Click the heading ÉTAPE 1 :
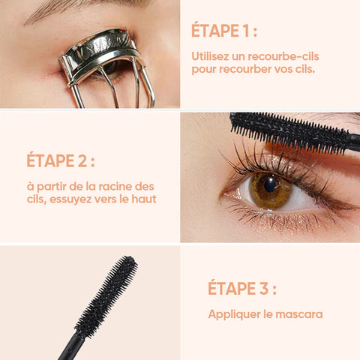click(224, 30)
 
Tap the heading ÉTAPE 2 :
click(61, 160)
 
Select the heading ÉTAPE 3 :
click(242, 288)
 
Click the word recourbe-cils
click(283, 56)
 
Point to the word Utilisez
click(210, 56)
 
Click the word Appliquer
click(234, 315)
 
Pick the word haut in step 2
click(144, 199)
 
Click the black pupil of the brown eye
click(270, 184)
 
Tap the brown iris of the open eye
click(270, 190)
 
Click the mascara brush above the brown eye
click(291, 132)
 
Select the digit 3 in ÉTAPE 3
click(263, 288)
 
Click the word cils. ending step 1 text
click(305, 69)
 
